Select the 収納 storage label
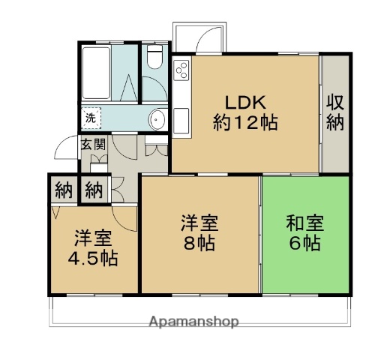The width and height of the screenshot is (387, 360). point(335,112)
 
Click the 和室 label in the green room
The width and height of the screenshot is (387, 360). point(304,223)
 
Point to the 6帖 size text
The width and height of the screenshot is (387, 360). point(304,243)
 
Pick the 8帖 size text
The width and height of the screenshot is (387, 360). point(199,243)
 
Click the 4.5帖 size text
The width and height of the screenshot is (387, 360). point(92,259)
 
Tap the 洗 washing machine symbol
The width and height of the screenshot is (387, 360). point(90,118)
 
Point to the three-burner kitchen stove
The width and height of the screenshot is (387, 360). point(182,72)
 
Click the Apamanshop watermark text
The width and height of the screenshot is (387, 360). point(193,322)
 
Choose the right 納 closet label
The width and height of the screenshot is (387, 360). point(93,189)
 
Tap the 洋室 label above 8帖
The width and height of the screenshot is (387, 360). point(199,223)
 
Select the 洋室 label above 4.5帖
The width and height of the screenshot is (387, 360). point(92,239)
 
